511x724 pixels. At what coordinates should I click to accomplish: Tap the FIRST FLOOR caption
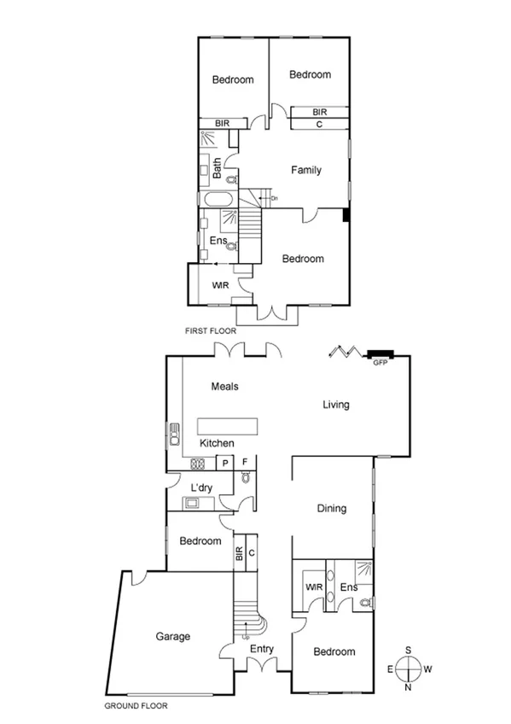210,330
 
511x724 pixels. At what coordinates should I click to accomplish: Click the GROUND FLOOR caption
136,706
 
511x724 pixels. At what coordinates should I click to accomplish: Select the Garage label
172,636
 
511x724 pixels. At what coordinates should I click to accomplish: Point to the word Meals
224,387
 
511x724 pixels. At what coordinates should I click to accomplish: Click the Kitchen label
217,443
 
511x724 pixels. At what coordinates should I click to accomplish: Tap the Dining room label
332,509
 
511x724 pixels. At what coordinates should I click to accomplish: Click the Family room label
306,170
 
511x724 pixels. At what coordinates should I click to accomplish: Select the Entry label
262,649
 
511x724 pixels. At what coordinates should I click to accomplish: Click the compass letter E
391,669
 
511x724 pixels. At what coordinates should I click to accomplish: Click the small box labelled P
224,463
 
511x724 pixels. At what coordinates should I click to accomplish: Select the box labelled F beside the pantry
245,463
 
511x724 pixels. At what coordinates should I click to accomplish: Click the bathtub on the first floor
218,201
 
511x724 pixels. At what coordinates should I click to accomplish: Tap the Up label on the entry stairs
247,636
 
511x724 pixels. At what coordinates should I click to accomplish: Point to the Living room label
336,405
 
